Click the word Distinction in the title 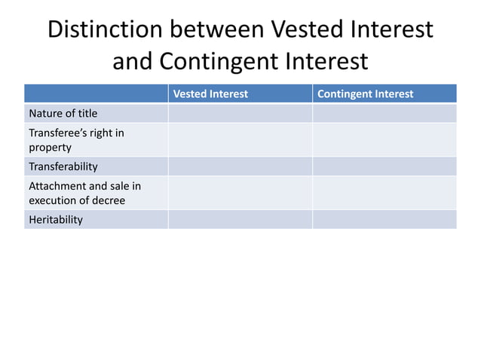(x=105, y=29)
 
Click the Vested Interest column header (x=210, y=94)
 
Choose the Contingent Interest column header (x=366, y=94)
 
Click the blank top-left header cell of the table (x=96, y=94)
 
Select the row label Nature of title (x=63, y=114)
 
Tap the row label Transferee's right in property (x=76, y=140)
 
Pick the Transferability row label (x=63, y=166)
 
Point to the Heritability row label (x=56, y=219)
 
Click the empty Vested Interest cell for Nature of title (x=240, y=114)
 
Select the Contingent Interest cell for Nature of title (x=384, y=114)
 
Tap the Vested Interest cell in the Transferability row (x=240, y=166)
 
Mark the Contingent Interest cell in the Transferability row (x=384, y=166)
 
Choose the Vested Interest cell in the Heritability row (x=240, y=219)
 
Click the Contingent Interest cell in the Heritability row (x=384, y=219)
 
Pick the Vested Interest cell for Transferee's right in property (x=240, y=140)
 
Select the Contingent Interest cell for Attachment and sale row (x=384, y=193)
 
